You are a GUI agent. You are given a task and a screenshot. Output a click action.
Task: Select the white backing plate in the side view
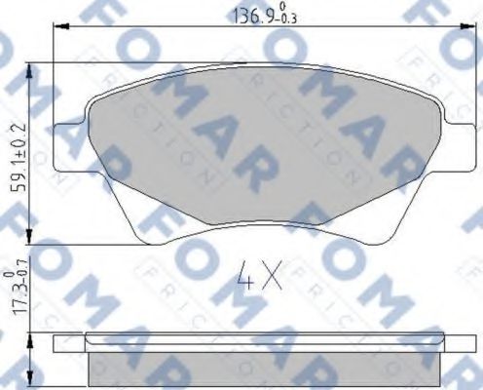[263, 341]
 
